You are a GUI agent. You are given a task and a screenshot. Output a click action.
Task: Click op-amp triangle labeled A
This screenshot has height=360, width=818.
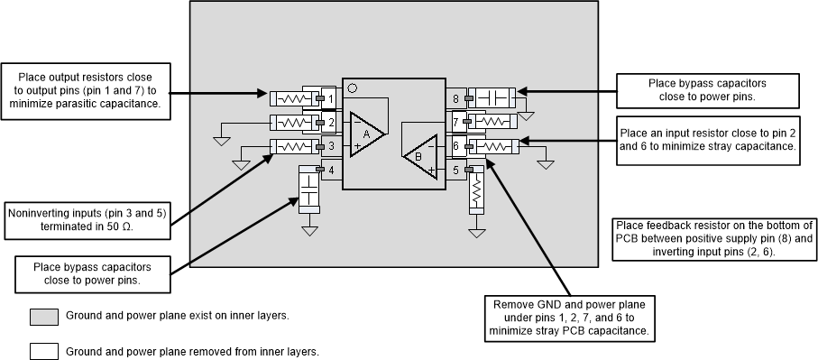pyautogui.click(x=366, y=134)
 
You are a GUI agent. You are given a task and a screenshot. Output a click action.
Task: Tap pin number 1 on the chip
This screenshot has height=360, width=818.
pyautogui.click(x=331, y=97)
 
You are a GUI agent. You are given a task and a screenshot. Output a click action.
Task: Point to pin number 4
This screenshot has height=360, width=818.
pyautogui.click(x=331, y=170)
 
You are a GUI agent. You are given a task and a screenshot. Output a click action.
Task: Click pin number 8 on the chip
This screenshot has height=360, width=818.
pyautogui.click(x=456, y=97)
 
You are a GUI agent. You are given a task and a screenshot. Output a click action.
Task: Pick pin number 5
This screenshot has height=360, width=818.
pyautogui.click(x=456, y=170)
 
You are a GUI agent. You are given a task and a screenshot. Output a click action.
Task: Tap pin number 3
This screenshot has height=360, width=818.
pyautogui.click(x=331, y=145)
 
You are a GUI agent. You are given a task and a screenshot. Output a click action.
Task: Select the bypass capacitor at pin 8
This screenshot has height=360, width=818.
pyautogui.click(x=492, y=97)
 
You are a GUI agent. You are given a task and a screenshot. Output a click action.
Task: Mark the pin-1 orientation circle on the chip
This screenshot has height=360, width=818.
pyautogui.click(x=353, y=88)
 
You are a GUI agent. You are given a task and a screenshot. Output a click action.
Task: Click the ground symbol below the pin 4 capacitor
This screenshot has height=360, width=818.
pyautogui.click(x=309, y=230)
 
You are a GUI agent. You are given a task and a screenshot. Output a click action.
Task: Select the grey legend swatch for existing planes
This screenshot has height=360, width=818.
pyautogui.click(x=42, y=317)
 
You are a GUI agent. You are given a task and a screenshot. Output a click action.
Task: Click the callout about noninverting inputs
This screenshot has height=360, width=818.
pyautogui.click(x=87, y=219)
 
